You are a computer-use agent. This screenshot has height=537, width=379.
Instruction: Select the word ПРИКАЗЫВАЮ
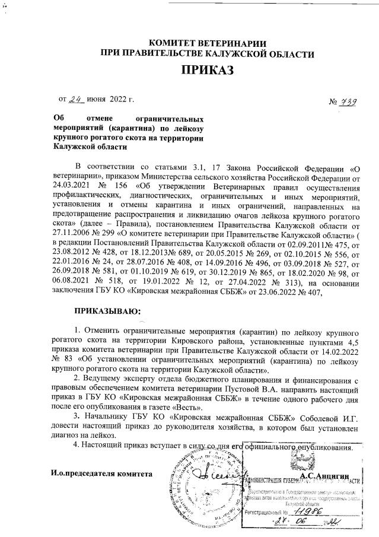coord(107,310)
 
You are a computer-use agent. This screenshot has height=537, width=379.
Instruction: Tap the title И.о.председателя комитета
coord(101,474)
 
